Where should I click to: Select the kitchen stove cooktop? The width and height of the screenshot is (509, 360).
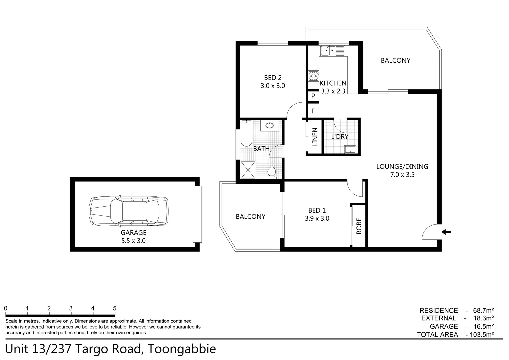(313, 76)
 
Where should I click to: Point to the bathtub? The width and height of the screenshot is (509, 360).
(246, 134)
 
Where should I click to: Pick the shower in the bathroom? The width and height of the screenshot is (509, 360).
(248, 170)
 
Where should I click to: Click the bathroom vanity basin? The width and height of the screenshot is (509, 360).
(269, 126)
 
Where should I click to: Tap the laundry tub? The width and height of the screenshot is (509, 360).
(350, 149)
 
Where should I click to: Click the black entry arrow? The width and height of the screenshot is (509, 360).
(446, 232)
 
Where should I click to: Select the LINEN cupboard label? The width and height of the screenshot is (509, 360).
(315, 137)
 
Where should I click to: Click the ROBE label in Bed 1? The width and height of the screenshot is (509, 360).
(359, 226)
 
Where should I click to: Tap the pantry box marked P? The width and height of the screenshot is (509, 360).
(313, 96)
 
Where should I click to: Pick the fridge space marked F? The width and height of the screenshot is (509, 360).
(313, 111)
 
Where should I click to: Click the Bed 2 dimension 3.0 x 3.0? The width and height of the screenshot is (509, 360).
(273, 86)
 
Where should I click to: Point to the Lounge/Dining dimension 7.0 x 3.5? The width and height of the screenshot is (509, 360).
(402, 175)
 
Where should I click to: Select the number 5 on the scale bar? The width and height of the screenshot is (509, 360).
(115, 308)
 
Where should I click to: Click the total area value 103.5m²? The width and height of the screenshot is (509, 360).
(481, 335)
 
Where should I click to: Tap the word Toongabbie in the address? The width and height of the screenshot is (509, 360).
(182, 349)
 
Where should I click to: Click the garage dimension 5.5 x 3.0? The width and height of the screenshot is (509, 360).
(133, 241)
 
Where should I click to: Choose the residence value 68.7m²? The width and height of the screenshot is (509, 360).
(483, 310)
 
